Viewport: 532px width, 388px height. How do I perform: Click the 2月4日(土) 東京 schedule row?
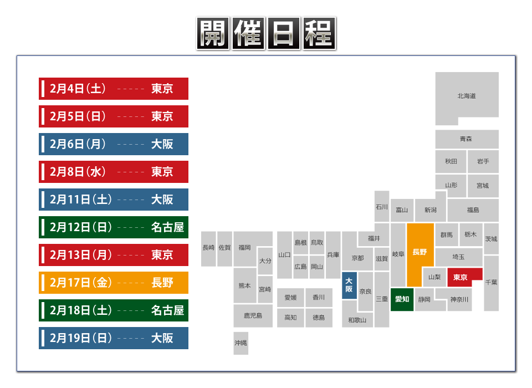(114, 89)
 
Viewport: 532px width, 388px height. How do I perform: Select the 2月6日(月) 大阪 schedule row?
(114, 144)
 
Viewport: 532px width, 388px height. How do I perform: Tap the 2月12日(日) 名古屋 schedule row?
(114, 227)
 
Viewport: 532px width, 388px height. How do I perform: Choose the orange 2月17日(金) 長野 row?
(114, 283)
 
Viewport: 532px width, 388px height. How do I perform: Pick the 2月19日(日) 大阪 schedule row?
(114, 338)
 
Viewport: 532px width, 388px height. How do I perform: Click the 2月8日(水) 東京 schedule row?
(114, 172)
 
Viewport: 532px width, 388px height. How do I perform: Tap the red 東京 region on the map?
(461, 277)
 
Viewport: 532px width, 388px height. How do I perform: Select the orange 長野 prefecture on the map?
(420, 252)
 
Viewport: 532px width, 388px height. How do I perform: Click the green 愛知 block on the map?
(402, 299)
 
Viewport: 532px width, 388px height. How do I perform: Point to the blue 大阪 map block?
(349, 285)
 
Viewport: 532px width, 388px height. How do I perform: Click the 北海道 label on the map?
(467, 96)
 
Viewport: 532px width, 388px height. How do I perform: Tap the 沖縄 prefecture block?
(241, 343)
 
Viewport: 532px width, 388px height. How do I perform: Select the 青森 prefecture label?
(466, 139)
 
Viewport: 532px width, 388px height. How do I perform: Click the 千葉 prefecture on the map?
(491, 282)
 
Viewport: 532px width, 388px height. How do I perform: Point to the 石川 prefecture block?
(381, 207)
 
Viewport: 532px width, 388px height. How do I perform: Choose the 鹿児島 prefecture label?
(253, 315)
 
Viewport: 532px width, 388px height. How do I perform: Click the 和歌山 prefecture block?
(357, 320)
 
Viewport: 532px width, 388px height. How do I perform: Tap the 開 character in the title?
(212, 34)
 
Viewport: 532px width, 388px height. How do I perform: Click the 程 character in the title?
(319, 34)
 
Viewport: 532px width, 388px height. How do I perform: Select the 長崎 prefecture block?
(208, 248)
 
